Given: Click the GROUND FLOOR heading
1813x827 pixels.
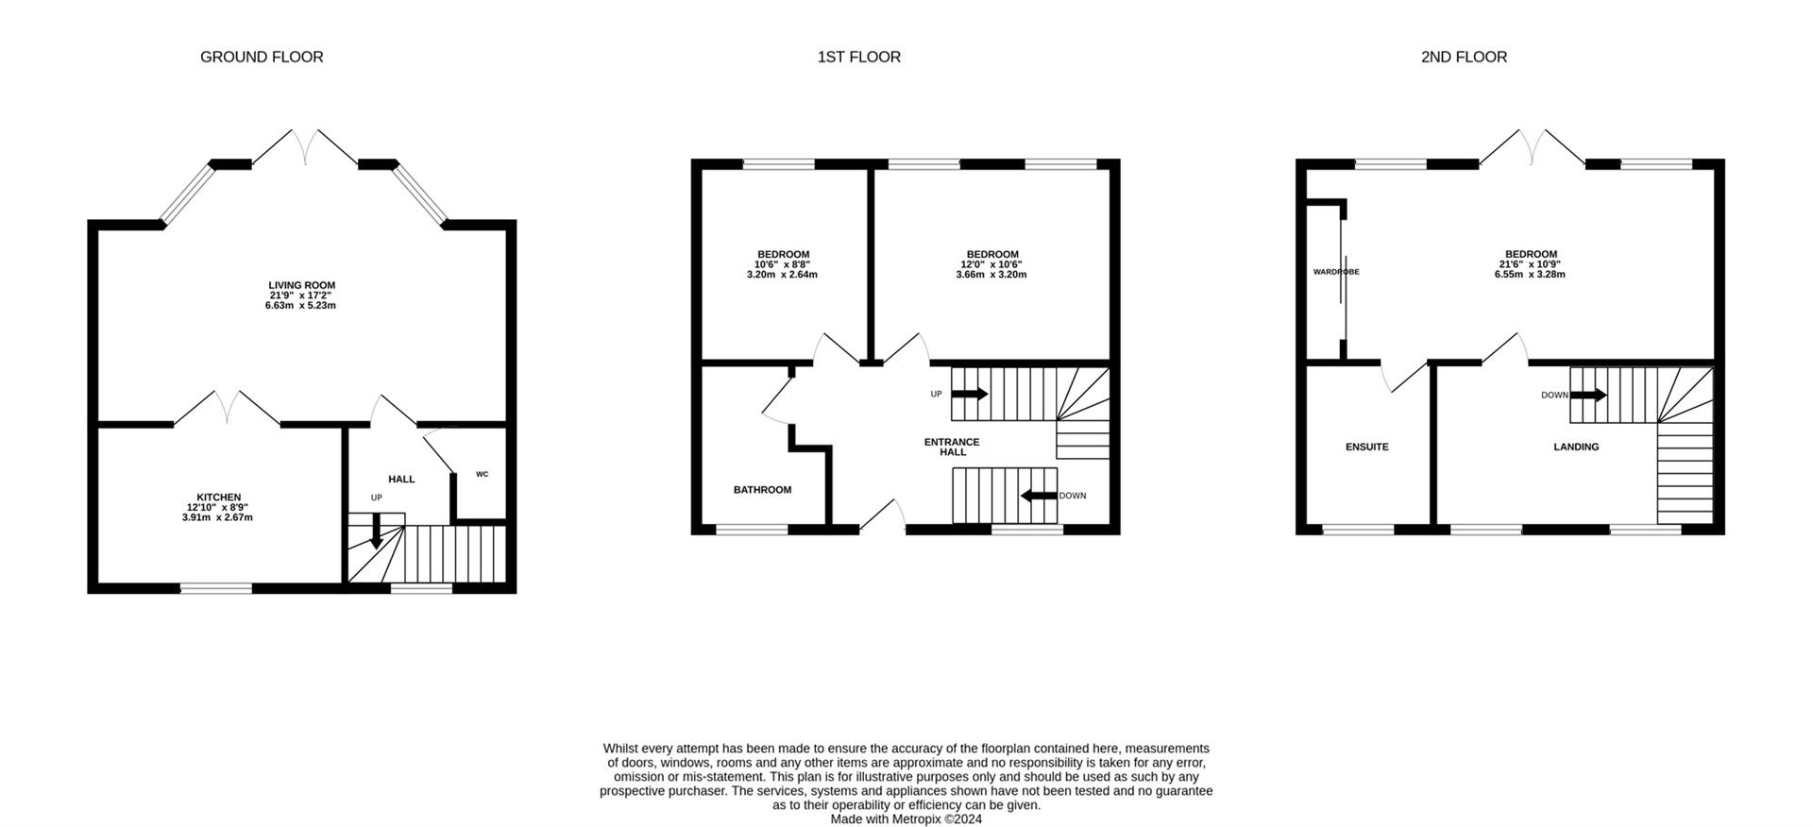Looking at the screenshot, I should (262, 58).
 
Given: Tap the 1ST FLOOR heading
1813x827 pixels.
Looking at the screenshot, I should (858, 58).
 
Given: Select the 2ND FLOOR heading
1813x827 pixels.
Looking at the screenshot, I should (1464, 58).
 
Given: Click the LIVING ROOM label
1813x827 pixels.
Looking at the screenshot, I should (301, 285).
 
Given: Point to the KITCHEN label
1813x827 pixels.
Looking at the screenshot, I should (218, 498).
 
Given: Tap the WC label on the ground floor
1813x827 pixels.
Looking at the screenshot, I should (482, 474).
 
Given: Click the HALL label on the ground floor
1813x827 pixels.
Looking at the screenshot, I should (401, 480).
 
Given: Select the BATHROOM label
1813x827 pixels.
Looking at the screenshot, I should (762, 490).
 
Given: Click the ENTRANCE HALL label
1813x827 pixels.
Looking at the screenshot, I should (952, 447).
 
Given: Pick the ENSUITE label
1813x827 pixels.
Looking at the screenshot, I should (1366, 447).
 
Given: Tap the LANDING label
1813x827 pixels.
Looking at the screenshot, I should (1576, 447).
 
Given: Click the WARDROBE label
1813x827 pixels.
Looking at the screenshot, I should (1335, 272).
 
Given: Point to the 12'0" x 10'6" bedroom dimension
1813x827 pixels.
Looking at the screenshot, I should (991, 264).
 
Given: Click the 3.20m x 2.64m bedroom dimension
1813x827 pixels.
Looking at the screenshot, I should (782, 276).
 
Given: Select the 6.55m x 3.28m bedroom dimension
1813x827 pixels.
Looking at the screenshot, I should (1530, 275).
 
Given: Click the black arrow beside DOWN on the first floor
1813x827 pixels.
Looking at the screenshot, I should (1038, 495).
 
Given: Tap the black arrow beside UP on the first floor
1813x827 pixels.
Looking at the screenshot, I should (969, 394).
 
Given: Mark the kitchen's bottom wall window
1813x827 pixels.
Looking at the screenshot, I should (216, 589).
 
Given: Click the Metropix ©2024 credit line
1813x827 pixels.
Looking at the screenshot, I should (906, 819).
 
